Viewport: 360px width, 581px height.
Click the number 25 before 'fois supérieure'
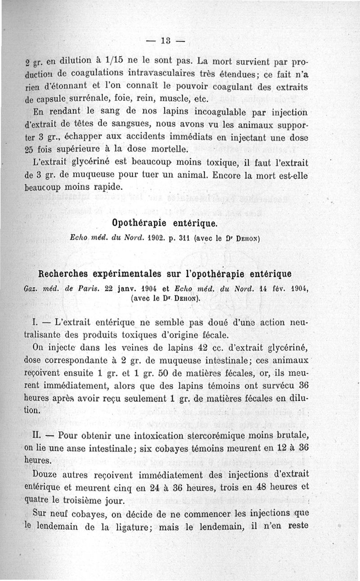[30, 149]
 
